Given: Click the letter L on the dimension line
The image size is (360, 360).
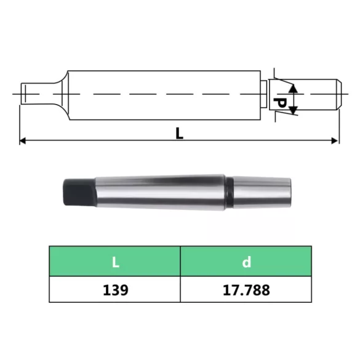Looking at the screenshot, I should coord(179,133).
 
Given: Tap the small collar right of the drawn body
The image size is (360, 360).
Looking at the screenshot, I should coord(264,94).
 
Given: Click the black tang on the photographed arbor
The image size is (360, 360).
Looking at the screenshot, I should coord(77,192).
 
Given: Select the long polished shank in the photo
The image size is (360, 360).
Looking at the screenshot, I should coord(160,191).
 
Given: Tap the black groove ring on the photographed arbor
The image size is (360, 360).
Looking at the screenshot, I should coord(229,191).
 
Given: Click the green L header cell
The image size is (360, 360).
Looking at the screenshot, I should coord(115,262).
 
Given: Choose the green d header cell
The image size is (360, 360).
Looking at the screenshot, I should coord(246,262).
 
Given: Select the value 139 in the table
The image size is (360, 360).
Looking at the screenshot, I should coord(115,290).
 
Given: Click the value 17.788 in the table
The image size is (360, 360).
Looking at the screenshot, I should coord(246,290).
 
